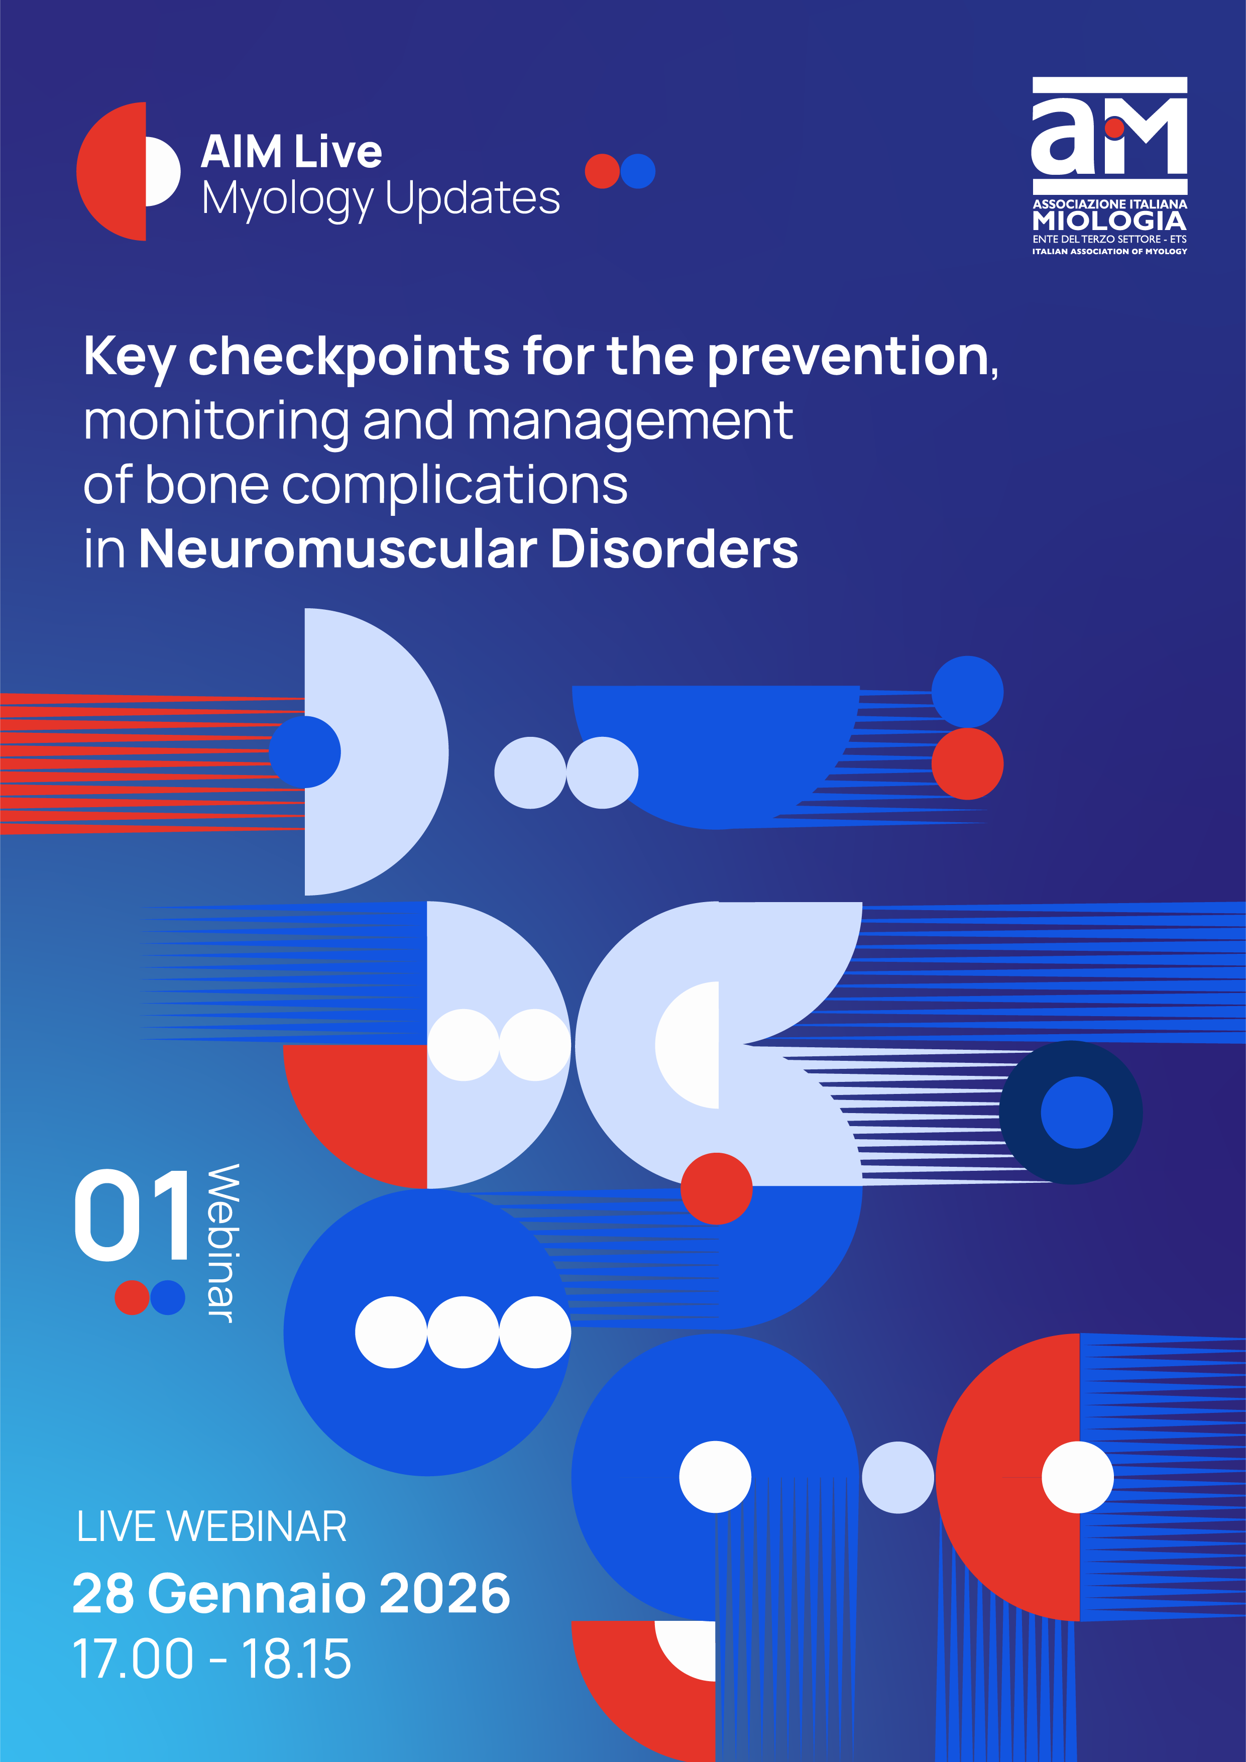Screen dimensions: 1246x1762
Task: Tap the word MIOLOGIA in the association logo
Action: click(x=1109, y=221)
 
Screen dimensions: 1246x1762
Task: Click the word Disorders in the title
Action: click(x=674, y=549)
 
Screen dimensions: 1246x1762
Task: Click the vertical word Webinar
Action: click(x=224, y=1243)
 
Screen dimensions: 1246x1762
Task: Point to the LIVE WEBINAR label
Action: click(x=212, y=1526)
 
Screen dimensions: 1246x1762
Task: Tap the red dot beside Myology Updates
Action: click(x=602, y=171)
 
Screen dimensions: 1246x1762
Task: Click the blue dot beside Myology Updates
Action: click(x=638, y=171)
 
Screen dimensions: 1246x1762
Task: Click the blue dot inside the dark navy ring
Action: click(x=1076, y=1112)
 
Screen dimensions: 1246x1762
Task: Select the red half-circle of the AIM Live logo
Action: click(x=111, y=171)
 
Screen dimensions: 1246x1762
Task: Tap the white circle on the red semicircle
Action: click(x=1077, y=1477)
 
